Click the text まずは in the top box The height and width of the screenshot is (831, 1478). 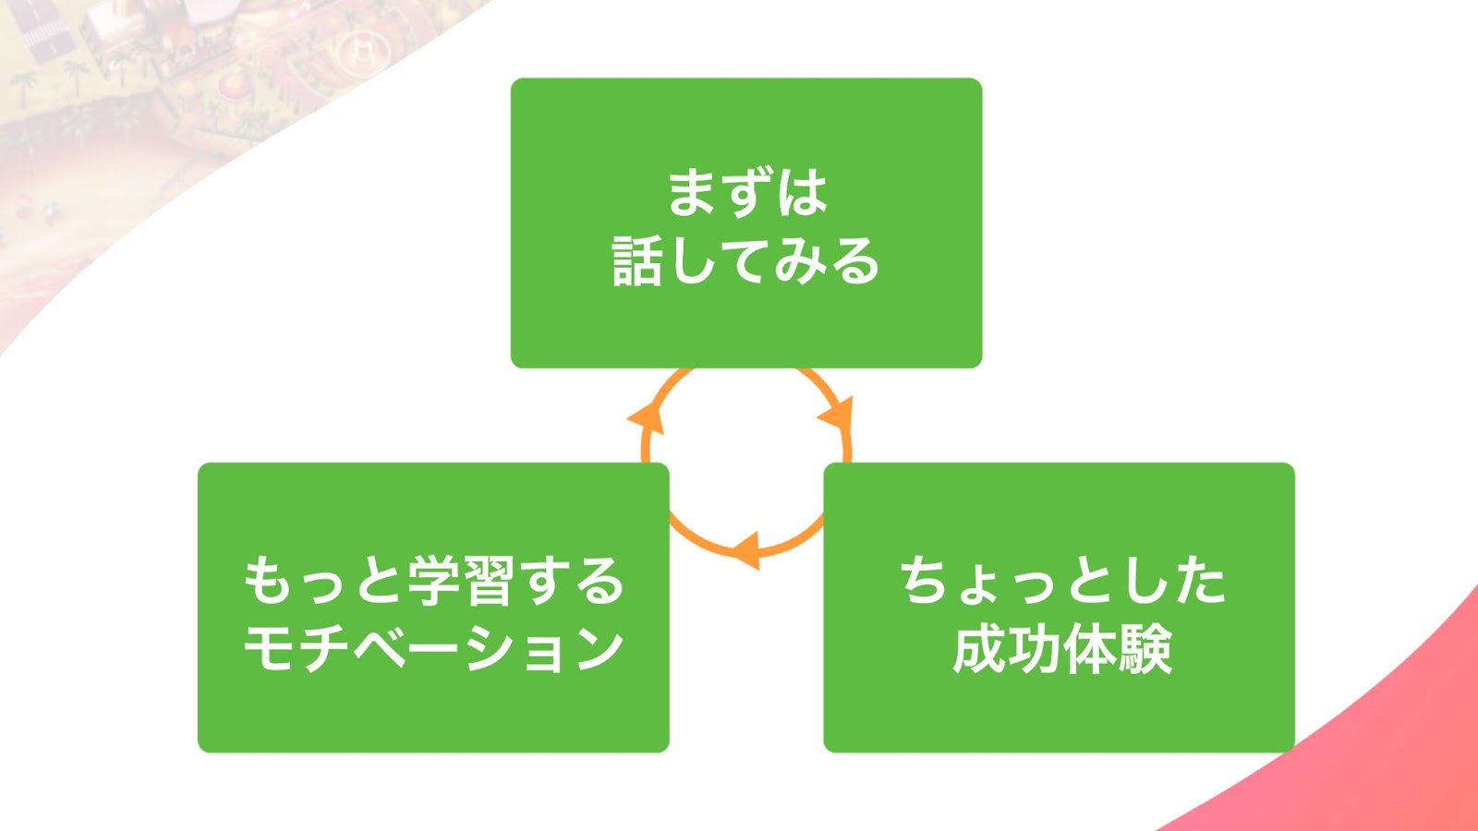pyautogui.click(x=746, y=193)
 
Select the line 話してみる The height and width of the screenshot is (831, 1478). pyautogui.click(x=746, y=262)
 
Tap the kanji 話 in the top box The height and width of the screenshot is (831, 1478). pyautogui.click(x=636, y=262)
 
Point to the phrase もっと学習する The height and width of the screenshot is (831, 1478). pyautogui.click(x=433, y=581)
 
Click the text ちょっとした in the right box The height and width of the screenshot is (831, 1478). pyautogui.click(x=1062, y=581)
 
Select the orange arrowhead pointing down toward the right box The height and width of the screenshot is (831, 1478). pyautogui.click(x=837, y=415)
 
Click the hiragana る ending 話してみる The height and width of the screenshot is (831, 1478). pyautogui.click(x=855, y=262)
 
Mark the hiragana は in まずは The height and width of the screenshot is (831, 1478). pyautogui.click(x=803, y=193)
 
